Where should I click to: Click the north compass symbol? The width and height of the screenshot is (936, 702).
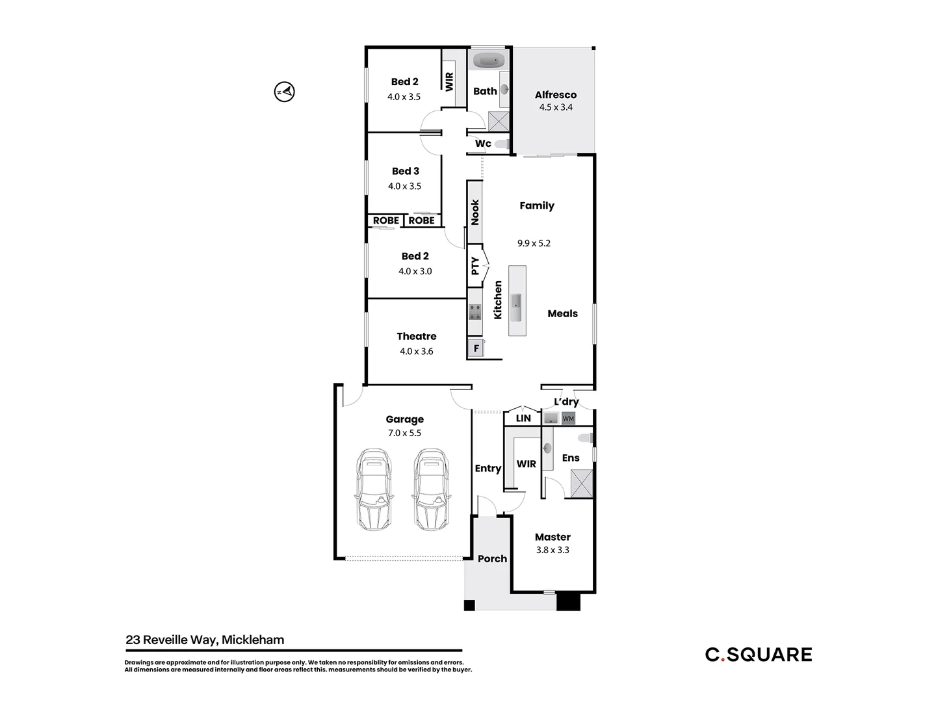click(284, 92)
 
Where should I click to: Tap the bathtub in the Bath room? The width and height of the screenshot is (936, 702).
click(489, 61)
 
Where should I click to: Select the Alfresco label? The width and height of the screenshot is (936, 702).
click(555, 95)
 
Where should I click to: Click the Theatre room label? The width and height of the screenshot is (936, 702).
click(416, 336)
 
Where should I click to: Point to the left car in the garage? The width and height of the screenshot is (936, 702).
click(374, 488)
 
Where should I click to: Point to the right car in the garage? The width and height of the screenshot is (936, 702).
click(431, 488)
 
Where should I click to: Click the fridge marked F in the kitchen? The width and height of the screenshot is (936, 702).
click(476, 348)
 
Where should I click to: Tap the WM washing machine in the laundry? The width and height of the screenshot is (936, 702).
click(568, 419)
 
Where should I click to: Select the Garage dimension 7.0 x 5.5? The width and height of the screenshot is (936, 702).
click(404, 433)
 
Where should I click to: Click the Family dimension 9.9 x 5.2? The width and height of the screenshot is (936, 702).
click(534, 243)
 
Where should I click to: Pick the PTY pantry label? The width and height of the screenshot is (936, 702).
click(475, 265)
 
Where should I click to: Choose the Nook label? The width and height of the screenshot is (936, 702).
click(475, 212)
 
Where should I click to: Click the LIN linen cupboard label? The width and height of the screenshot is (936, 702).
click(523, 418)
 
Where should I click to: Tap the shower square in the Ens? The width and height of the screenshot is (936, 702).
click(581, 484)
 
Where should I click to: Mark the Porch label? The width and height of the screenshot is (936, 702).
click(492, 558)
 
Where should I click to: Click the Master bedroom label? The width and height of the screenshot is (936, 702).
click(552, 537)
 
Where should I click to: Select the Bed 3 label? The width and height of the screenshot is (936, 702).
click(406, 171)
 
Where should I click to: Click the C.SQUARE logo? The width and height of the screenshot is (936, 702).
click(759, 655)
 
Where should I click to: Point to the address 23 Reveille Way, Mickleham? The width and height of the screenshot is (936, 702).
click(205, 640)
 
